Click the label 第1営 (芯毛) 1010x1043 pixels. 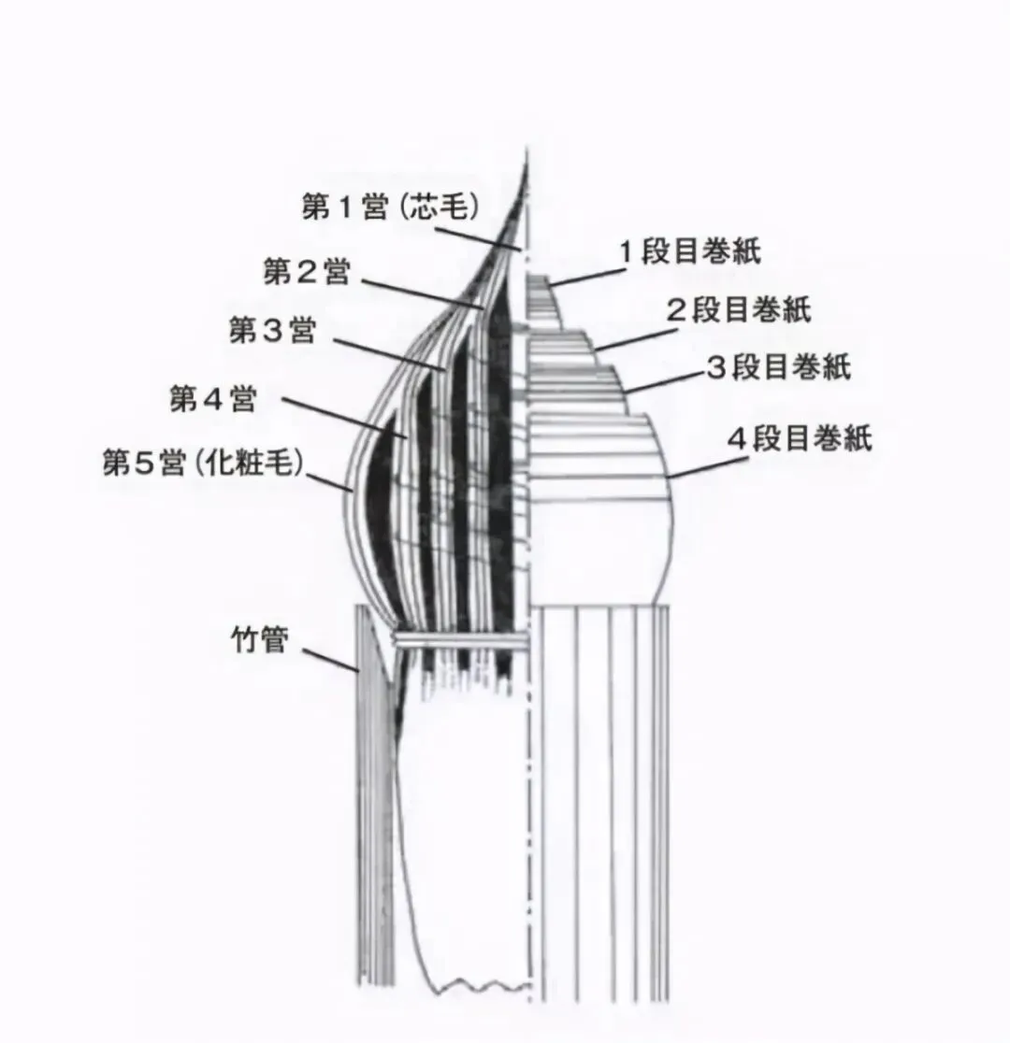coord(391,207)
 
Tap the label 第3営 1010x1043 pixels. coord(272,330)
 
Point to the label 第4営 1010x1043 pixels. coord(212,400)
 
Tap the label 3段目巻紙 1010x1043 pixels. coord(778,367)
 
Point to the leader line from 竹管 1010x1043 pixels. coord(332,659)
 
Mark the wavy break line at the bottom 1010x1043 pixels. coord(468,984)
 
